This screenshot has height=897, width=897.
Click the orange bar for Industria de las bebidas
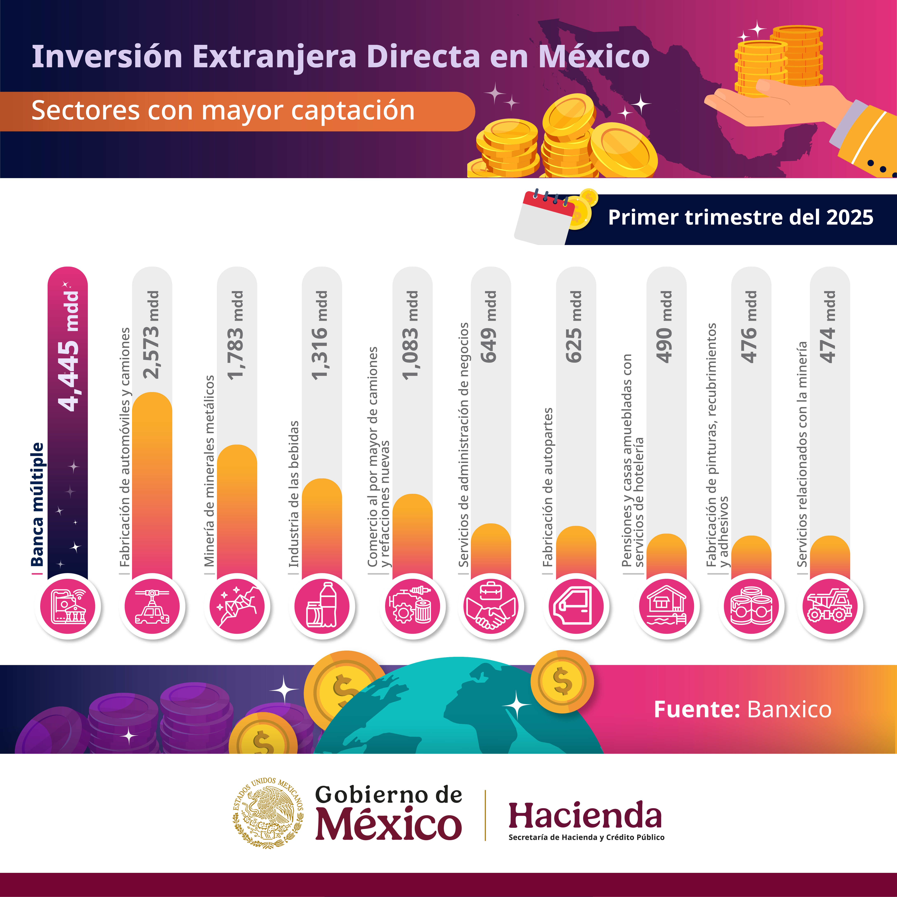point(322,529)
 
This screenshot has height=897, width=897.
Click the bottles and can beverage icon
point(322,606)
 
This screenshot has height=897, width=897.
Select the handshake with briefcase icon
point(491,606)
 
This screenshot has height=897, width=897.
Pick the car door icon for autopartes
point(576,606)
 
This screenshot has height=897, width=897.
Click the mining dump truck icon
point(830,606)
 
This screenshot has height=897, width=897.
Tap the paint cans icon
point(751,606)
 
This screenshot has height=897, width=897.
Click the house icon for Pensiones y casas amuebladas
point(666,606)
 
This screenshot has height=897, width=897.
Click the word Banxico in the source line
point(789,709)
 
